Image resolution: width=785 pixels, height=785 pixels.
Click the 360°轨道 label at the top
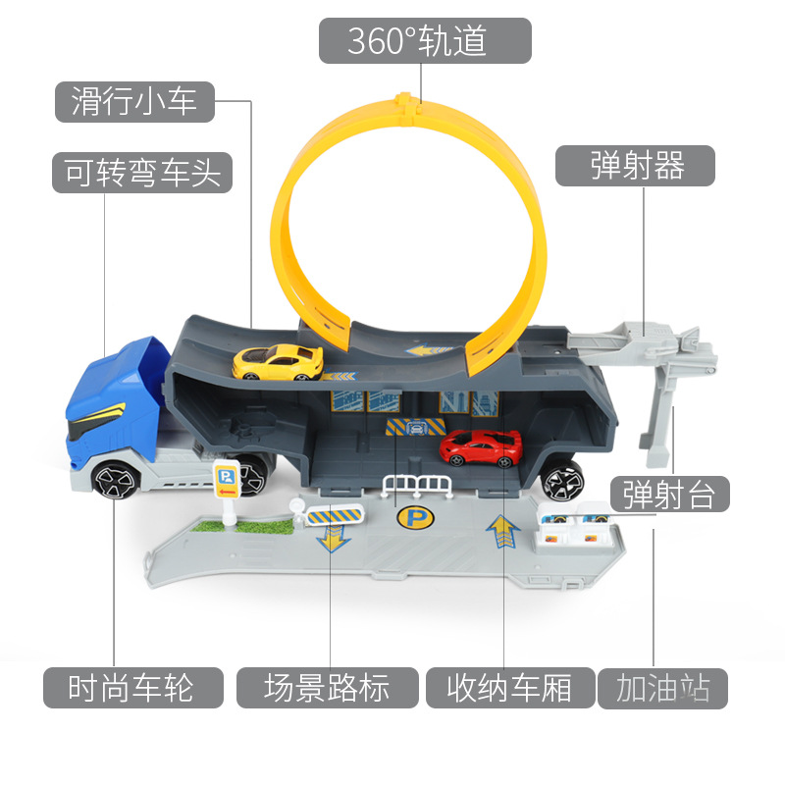coord(424,40)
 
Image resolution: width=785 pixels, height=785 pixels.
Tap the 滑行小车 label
coord(133,101)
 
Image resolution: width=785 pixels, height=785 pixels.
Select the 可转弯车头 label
coord(142,173)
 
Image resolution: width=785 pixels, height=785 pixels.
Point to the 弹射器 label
coord(636,165)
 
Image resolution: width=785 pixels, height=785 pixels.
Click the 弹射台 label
coord(669,494)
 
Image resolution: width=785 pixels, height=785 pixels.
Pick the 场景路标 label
coord(327,688)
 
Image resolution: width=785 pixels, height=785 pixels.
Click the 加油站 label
coord(663,688)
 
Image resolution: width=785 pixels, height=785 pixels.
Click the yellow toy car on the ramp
coord(277,360)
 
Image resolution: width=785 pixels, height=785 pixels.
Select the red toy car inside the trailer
coord(481,448)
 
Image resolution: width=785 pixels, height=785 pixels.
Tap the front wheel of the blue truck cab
coord(117,481)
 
